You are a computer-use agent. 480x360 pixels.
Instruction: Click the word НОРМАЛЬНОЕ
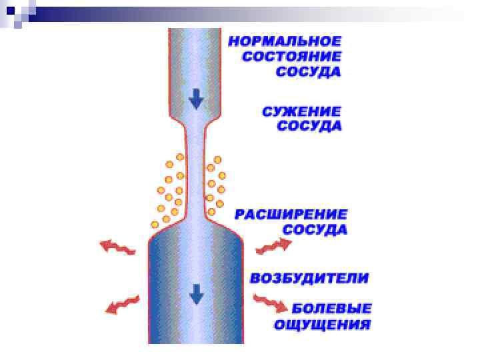[x=285, y=41]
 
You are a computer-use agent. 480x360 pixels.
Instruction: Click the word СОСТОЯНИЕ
[x=291, y=57]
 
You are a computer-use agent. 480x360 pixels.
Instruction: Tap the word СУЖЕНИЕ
[x=301, y=111]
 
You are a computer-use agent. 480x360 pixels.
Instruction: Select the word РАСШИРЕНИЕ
[x=291, y=215]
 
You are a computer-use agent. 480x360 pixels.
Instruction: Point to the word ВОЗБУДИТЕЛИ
[x=309, y=278]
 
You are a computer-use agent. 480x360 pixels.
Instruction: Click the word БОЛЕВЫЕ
[x=332, y=309]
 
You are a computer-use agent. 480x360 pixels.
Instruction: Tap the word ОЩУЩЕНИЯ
[x=322, y=325]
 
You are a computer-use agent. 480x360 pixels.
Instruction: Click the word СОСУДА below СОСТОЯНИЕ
[x=309, y=72]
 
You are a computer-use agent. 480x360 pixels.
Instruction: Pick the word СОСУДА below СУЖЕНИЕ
[x=309, y=126]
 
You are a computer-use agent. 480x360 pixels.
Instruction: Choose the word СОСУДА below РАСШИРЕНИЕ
[x=315, y=230]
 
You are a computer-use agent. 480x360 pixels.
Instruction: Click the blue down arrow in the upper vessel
[x=196, y=99]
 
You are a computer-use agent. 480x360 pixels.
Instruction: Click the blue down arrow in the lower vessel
[x=196, y=293]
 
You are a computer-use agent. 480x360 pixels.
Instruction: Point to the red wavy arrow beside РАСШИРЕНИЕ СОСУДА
[x=274, y=246]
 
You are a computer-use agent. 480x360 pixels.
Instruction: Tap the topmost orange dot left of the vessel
[x=179, y=157]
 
